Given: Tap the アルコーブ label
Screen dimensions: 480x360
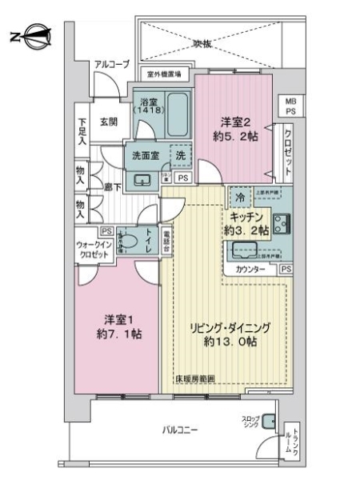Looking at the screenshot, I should click(111, 65).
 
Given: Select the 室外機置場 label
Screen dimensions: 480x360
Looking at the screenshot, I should click(167, 74).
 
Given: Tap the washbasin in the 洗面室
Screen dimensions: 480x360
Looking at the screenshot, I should click(144, 178).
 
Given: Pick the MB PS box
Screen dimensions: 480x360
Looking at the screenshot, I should click(289, 106).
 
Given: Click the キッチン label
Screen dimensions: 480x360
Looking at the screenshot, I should click(247, 216).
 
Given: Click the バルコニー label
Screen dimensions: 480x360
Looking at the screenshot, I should click(181, 430).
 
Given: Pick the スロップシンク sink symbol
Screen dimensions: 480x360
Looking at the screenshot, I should click(267, 422).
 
